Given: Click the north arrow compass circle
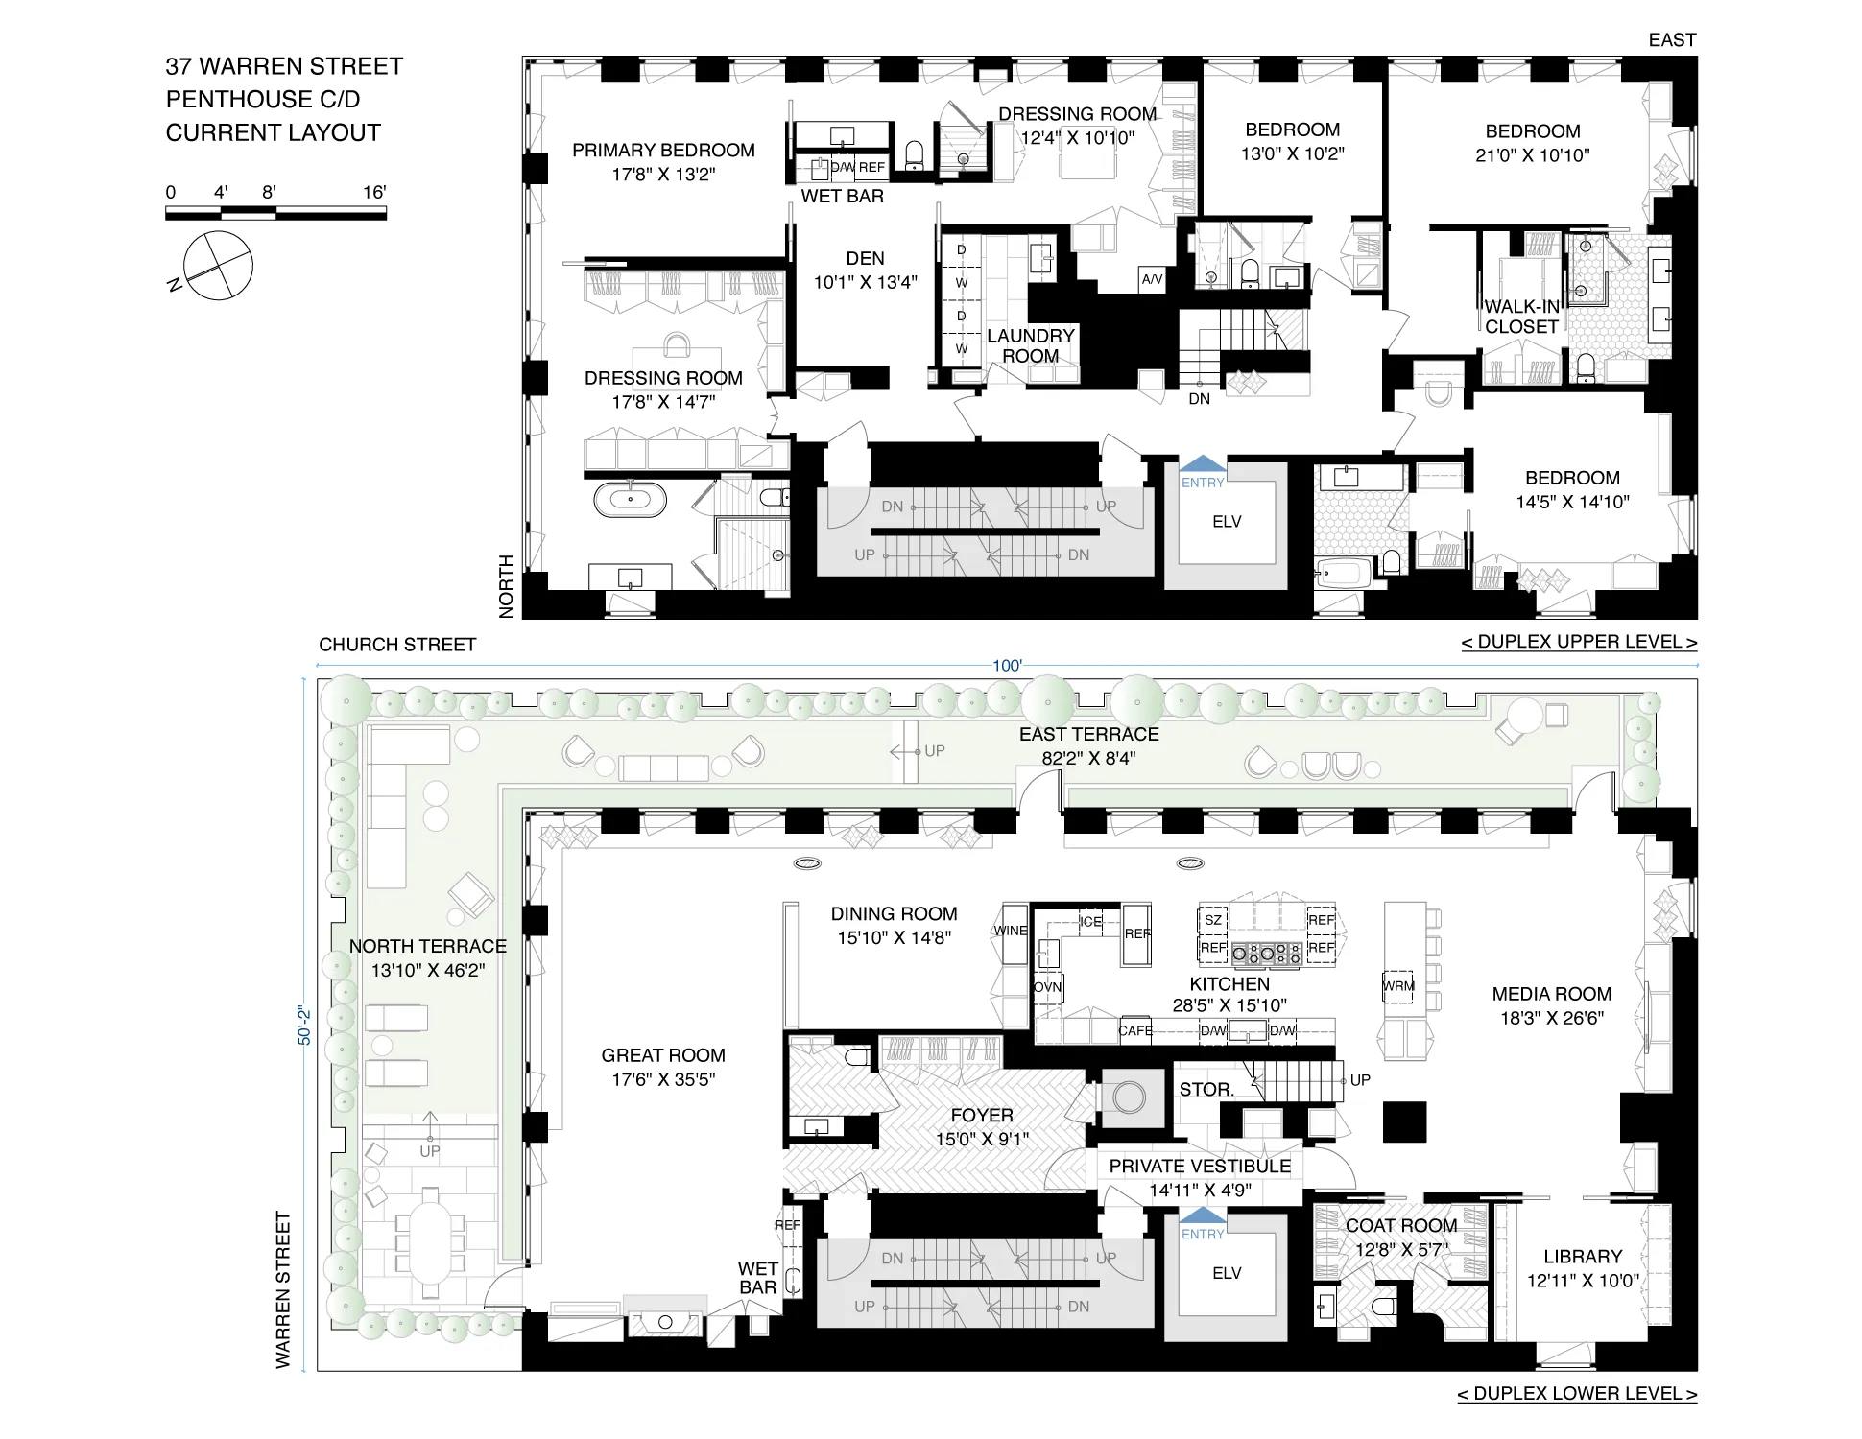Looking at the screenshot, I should pos(219,266).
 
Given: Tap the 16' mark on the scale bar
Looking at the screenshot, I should pos(374,192).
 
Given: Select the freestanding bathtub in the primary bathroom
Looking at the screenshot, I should pos(630,500).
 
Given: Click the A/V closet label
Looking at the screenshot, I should pos(1152,279).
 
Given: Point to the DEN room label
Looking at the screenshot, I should pos(865,259).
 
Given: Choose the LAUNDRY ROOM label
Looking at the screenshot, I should pos(1031,345).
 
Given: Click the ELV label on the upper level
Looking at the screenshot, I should pos(1227,522).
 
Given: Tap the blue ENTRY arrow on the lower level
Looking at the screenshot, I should pos(1202,1218).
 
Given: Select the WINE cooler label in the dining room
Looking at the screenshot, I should pos(1011,931).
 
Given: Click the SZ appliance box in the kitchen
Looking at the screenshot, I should pos(1213,920).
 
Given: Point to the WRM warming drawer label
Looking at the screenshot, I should pos(1398,986).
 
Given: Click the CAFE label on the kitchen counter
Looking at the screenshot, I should pos(1134,1031).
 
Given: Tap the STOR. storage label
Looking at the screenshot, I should pos(1206,1090).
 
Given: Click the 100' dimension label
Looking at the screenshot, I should pos(1007,666).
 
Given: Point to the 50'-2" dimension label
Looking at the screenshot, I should pos(304,1026).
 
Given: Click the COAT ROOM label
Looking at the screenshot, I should pos(1401,1226).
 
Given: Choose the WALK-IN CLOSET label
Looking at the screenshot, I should pos(1521,317).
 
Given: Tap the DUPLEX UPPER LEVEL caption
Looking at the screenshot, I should pos(1579,642).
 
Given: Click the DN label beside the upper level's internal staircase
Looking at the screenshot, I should pos(1199,399).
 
